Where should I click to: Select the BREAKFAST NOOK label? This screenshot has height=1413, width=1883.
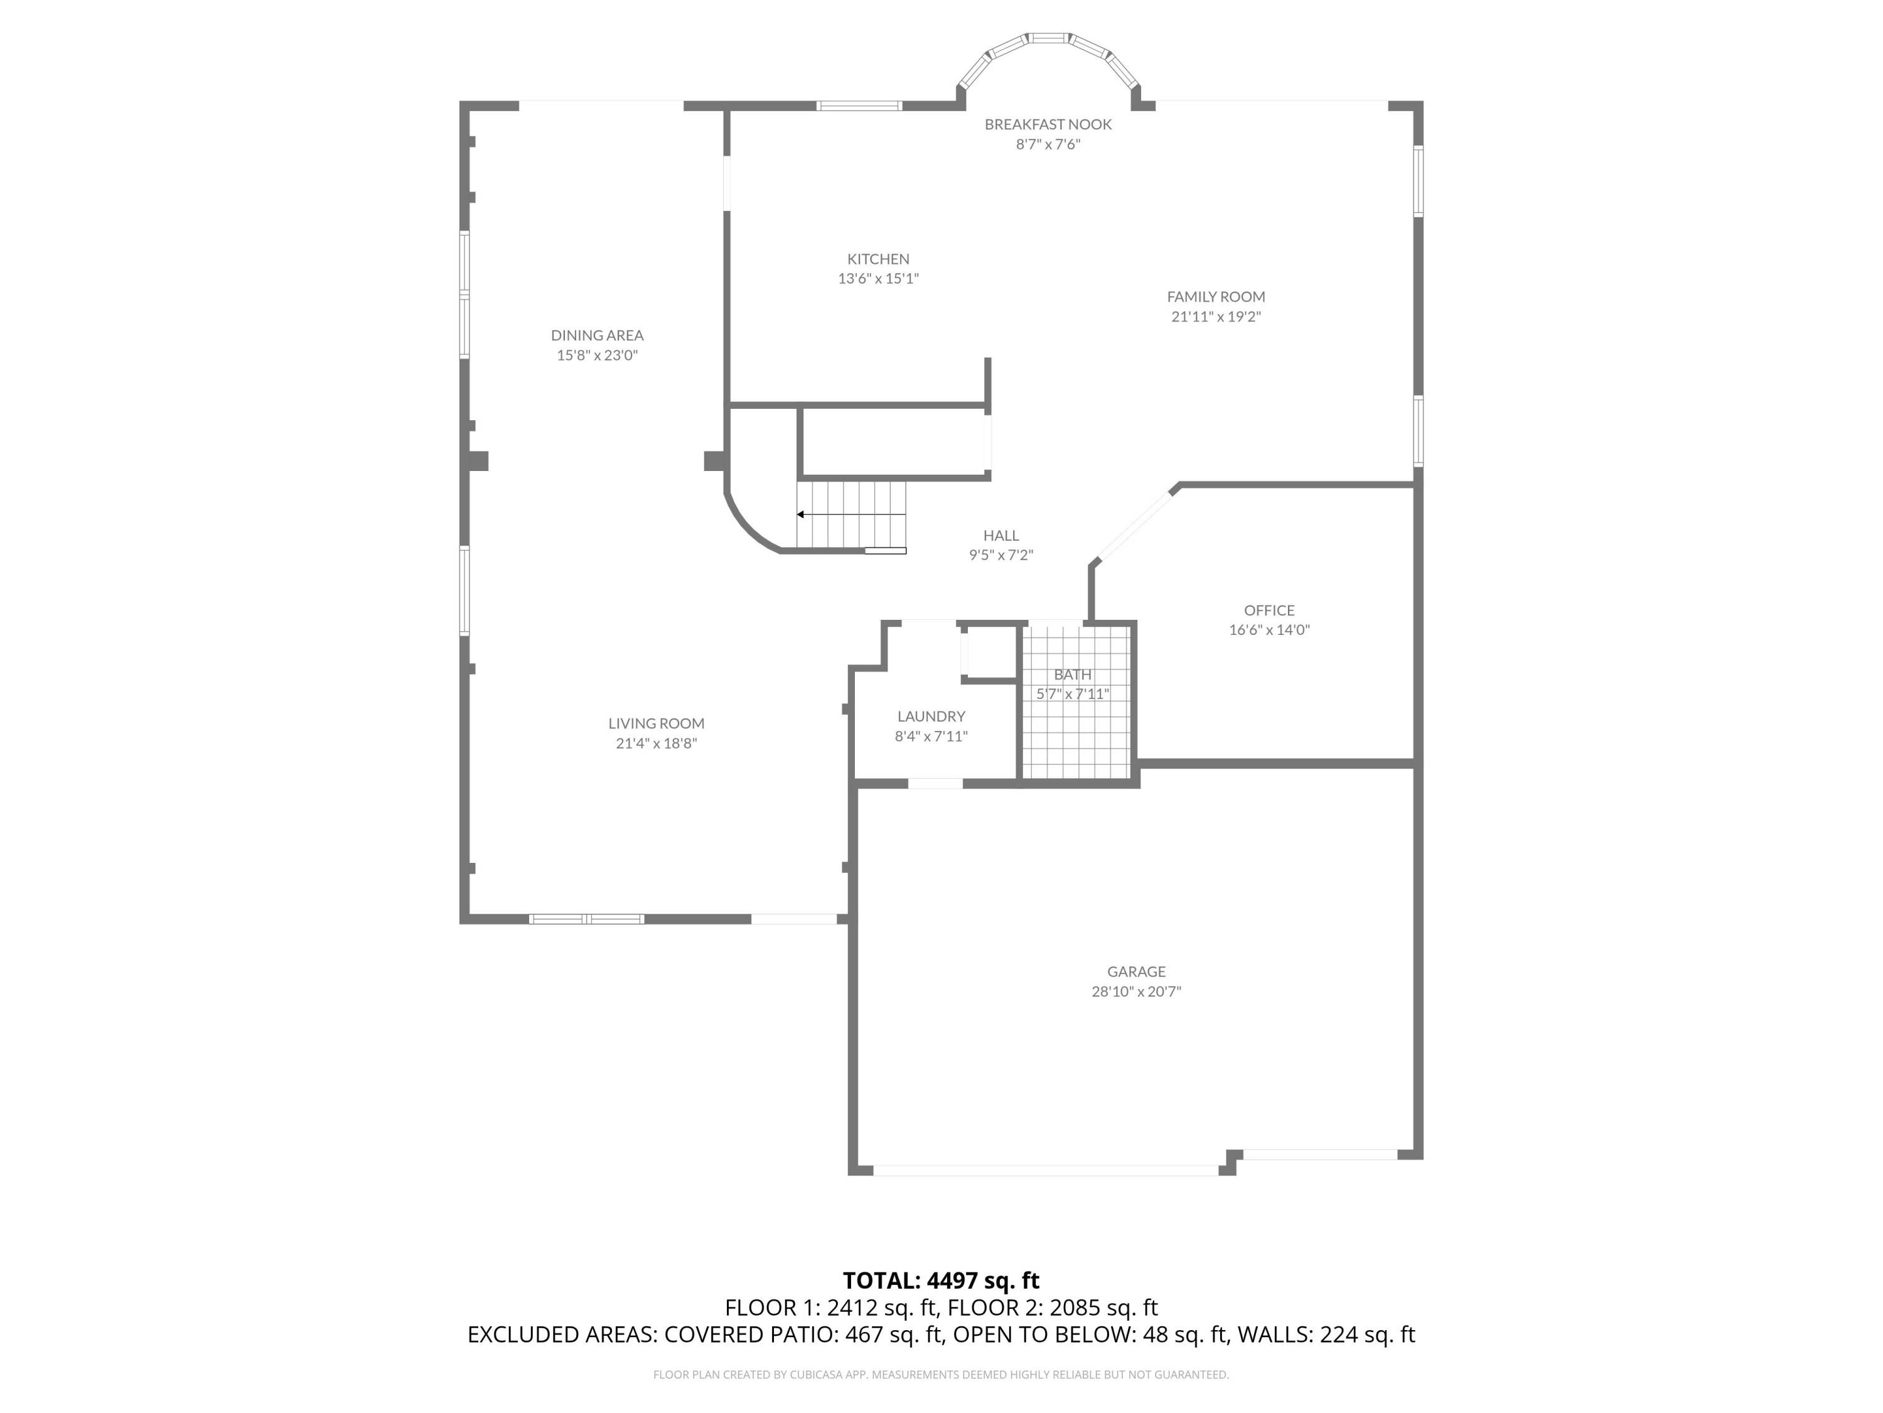point(1048,124)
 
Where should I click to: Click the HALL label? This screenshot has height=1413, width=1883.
point(1001,536)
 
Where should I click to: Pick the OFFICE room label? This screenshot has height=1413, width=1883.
point(1269,610)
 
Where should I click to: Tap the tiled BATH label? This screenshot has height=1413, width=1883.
point(1072,674)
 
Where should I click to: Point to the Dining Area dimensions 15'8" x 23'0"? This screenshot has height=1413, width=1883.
point(597,355)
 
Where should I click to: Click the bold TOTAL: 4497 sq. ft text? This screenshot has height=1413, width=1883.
point(941,1280)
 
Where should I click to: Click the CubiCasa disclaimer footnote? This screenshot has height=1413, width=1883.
point(941,1375)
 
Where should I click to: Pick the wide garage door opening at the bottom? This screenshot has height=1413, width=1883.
point(1045,1170)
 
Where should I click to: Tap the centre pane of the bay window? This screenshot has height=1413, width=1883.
point(1048,38)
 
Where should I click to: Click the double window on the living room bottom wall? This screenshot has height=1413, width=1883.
point(586,919)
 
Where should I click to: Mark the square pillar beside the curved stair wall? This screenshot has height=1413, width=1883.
point(714,461)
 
